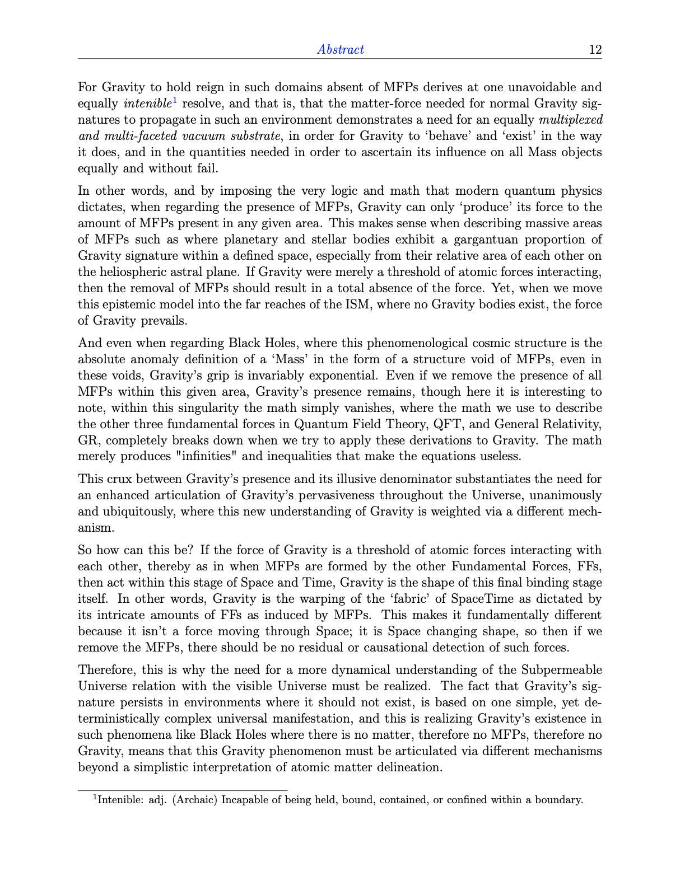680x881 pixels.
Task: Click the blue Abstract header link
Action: pyautogui.click(x=340, y=49)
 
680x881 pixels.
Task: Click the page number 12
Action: pyautogui.click(x=595, y=49)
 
